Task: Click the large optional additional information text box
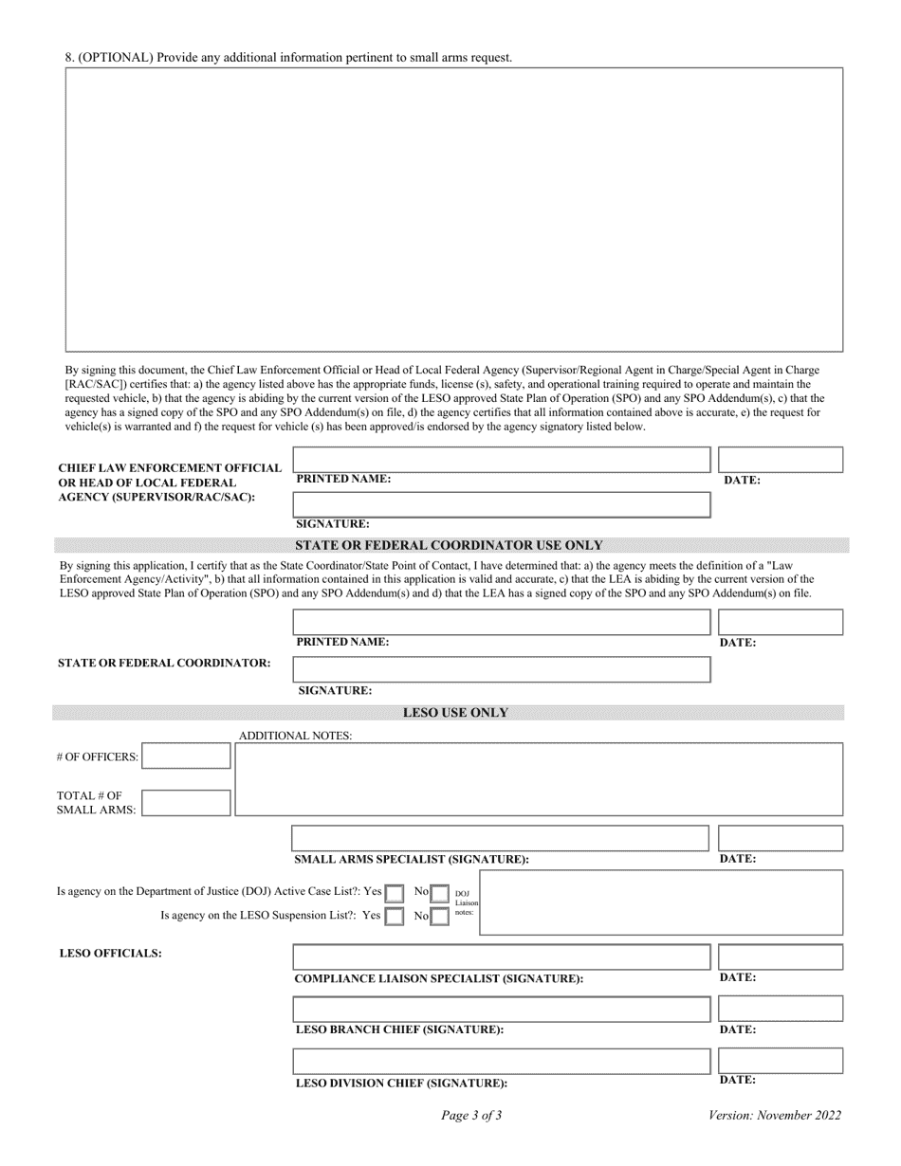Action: [453, 210]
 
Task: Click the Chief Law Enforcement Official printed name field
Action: [502, 460]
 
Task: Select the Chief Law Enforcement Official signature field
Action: [502, 504]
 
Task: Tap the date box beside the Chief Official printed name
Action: [781, 460]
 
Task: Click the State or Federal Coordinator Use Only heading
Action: [450, 545]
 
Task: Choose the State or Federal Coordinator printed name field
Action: [502, 622]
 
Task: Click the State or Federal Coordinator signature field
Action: [502, 669]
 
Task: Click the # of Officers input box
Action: [186, 756]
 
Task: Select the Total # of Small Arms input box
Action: [186, 803]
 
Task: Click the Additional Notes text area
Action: [539, 779]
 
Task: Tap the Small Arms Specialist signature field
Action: [500, 838]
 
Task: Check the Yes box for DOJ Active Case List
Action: [394, 893]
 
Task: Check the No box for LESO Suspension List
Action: [439, 917]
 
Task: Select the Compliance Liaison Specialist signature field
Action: [501, 956]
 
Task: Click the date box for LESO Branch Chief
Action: [781, 1009]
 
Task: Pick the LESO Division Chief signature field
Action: [501, 1061]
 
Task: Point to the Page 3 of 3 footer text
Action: [471, 1116]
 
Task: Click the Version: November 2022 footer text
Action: [774, 1116]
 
